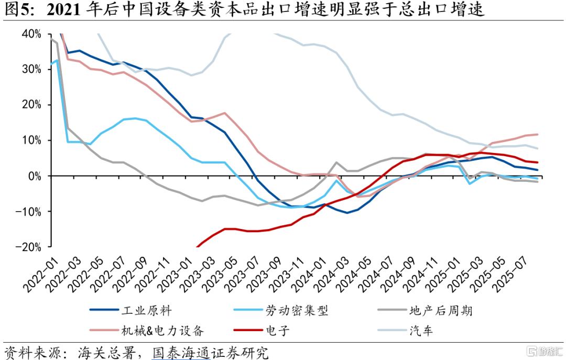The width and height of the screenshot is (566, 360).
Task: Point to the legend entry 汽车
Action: [422, 331]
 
